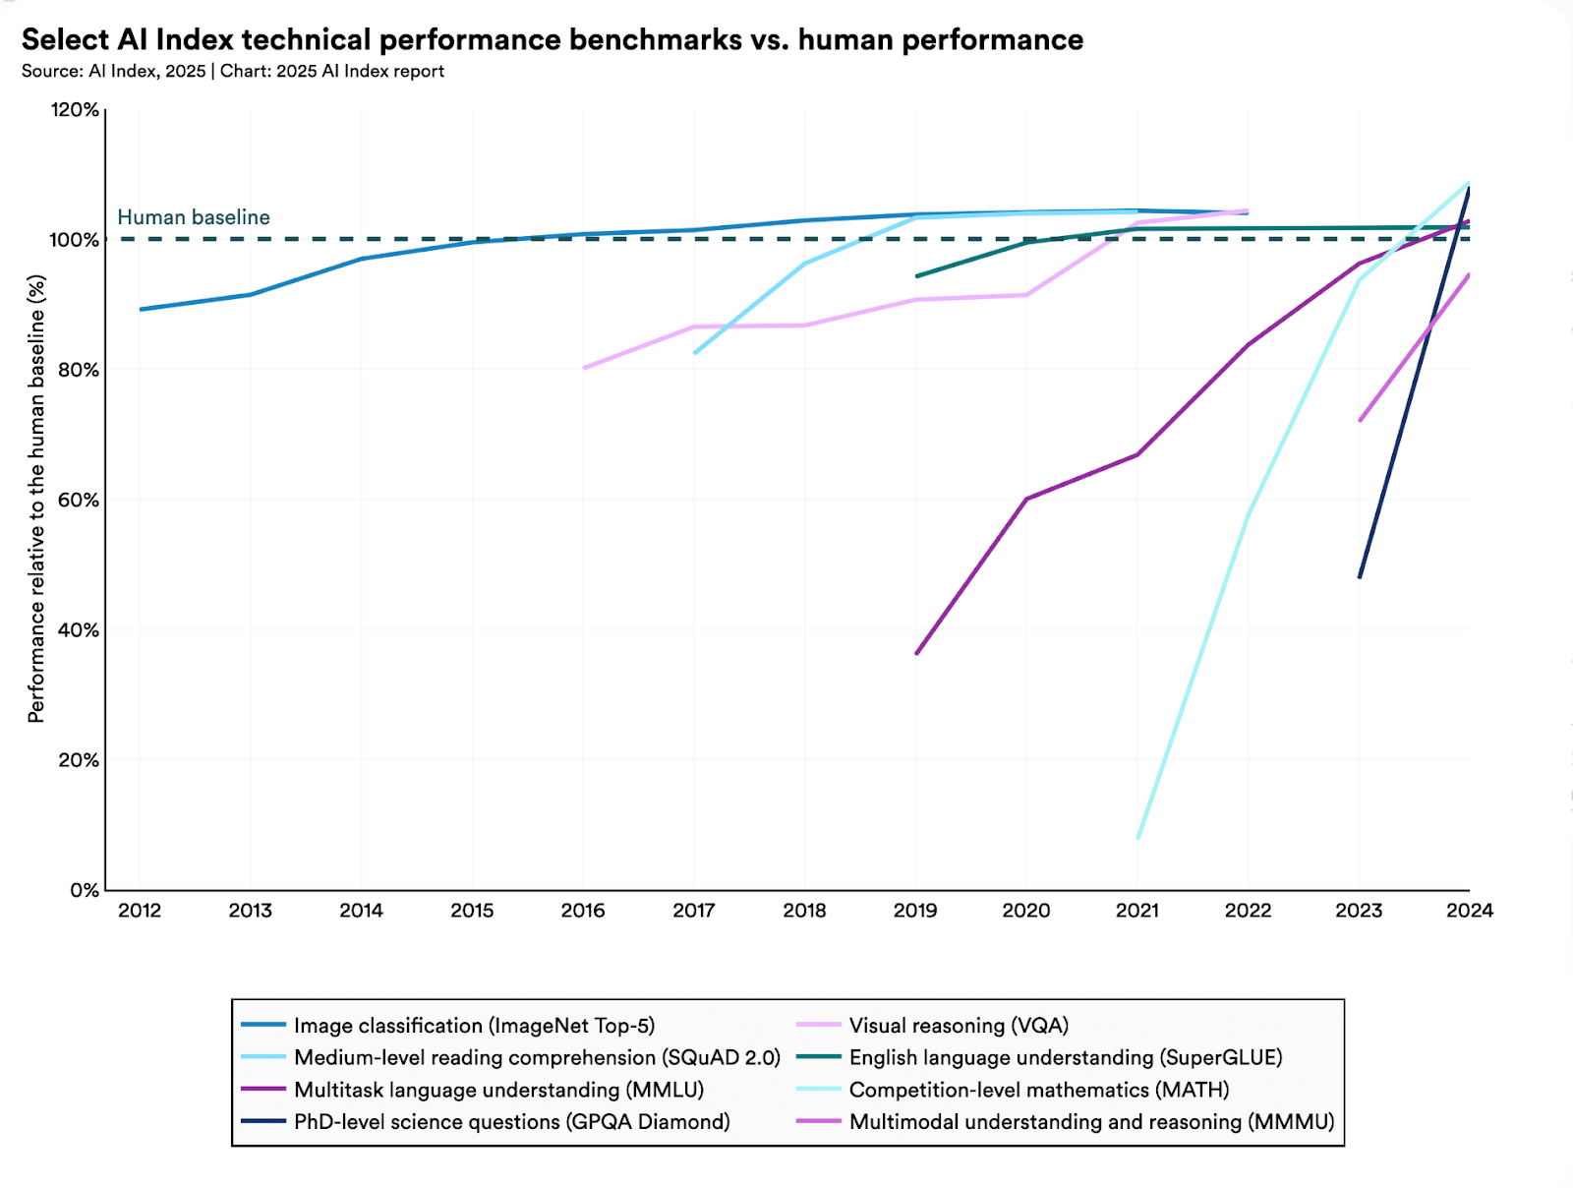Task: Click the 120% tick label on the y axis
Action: coord(75,110)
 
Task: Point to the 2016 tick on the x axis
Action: coord(583,911)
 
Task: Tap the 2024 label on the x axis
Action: coord(1469,911)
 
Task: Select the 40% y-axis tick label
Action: coord(77,630)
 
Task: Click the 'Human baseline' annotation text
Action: coord(194,217)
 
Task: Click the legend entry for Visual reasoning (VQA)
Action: coord(959,1026)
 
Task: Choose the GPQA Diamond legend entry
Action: coord(511,1122)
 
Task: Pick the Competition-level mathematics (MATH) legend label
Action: coord(1039,1090)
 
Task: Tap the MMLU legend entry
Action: coord(498,1090)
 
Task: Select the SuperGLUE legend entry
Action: coord(1066,1057)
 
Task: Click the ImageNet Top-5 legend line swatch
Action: coord(263,1026)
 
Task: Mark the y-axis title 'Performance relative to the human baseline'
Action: coord(36,499)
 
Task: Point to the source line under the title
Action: coord(233,71)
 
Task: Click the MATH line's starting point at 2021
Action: coord(1137,838)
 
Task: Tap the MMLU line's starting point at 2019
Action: coord(916,653)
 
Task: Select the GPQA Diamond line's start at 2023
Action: coord(1360,577)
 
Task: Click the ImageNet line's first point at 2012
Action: coord(141,309)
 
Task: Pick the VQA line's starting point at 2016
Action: coord(584,368)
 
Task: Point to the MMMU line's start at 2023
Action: coord(1361,421)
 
